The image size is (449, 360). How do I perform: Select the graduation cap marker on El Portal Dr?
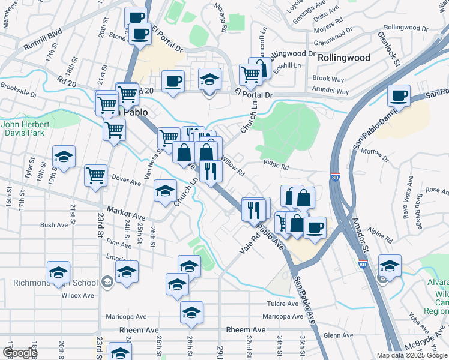209,80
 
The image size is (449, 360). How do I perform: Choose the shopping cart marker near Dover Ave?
96,176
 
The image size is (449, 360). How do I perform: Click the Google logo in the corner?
20,353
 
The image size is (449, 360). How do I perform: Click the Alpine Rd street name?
381,235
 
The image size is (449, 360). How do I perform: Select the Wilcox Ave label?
78,295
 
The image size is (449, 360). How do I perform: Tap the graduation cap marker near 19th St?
64,157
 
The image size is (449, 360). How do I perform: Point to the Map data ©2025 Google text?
411,355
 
